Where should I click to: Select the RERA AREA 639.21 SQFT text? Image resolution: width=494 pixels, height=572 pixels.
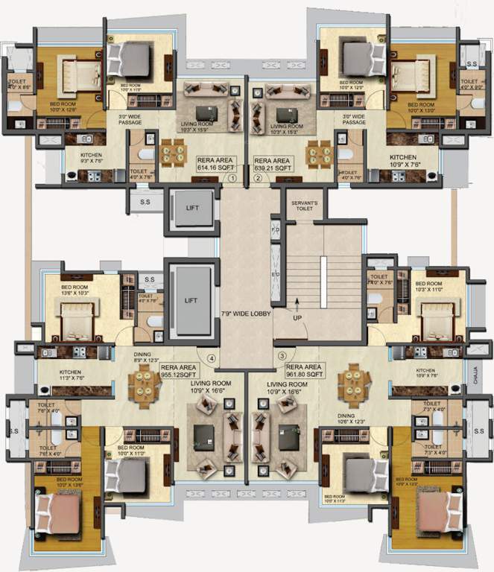tap(273, 164)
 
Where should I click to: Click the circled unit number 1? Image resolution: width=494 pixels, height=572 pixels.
tap(232, 179)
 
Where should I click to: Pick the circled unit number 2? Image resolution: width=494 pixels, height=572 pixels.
tap(256, 179)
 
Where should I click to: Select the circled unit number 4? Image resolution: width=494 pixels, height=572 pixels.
tap(212, 357)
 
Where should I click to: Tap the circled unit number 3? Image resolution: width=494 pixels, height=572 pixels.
tap(282, 357)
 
